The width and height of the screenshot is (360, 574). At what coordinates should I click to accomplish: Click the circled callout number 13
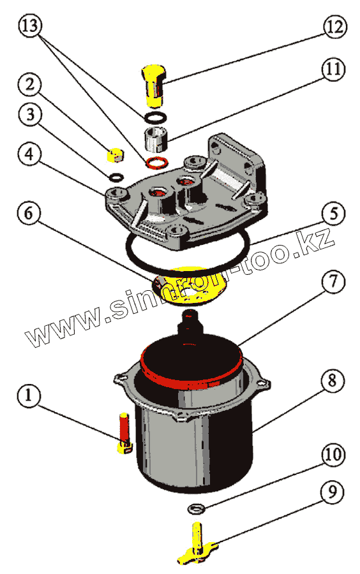pyautogui.click(x=31, y=26)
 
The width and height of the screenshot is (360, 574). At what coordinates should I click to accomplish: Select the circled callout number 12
pyautogui.click(x=334, y=26)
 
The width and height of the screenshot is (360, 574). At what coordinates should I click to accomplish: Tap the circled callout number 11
pyautogui.click(x=333, y=68)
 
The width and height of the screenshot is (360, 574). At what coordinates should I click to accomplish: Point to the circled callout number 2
pyautogui.click(x=29, y=85)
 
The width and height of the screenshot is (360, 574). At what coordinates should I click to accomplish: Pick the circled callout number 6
pyautogui.click(x=29, y=213)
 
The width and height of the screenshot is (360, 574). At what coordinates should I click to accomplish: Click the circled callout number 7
pyautogui.click(x=333, y=282)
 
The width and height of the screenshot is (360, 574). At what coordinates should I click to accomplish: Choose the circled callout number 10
pyautogui.click(x=333, y=454)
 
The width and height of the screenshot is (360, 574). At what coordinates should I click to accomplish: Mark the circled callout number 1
pyautogui.click(x=29, y=396)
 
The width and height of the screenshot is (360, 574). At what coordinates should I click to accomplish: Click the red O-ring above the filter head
pyautogui.click(x=157, y=162)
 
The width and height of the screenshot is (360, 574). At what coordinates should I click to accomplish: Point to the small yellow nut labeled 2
pyautogui.click(x=116, y=155)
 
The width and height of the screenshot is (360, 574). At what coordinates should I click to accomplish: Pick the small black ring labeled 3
pyautogui.click(x=116, y=177)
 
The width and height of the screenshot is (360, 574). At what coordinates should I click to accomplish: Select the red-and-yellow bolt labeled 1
pyautogui.click(x=124, y=433)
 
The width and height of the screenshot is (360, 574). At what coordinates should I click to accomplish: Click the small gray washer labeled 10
pyautogui.click(x=197, y=508)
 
